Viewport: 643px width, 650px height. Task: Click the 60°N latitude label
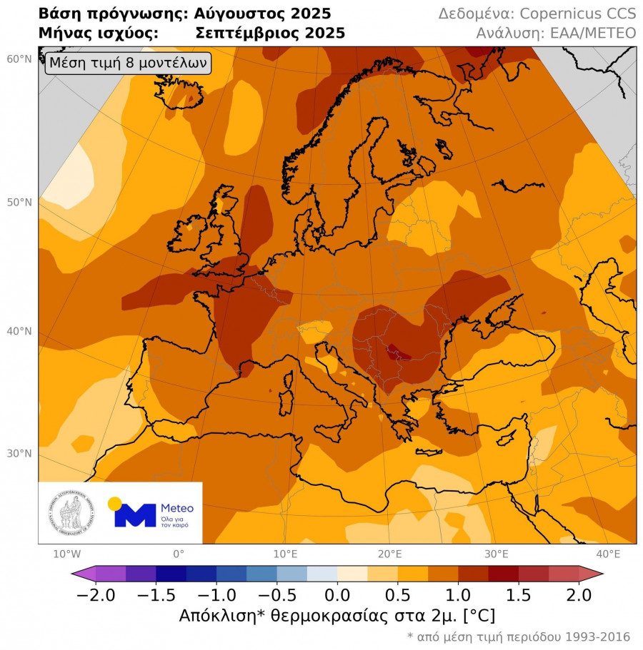(19, 59)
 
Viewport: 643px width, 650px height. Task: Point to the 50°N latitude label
(19, 203)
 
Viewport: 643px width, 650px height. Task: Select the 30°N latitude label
(19, 454)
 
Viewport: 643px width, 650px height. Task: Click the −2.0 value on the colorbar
(96, 594)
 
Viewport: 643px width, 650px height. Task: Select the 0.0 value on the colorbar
(337, 594)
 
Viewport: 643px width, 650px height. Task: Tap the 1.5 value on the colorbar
(519, 594)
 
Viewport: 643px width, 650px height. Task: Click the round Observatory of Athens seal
(69, 514)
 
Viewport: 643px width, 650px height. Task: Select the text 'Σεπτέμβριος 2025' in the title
(269, 33)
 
